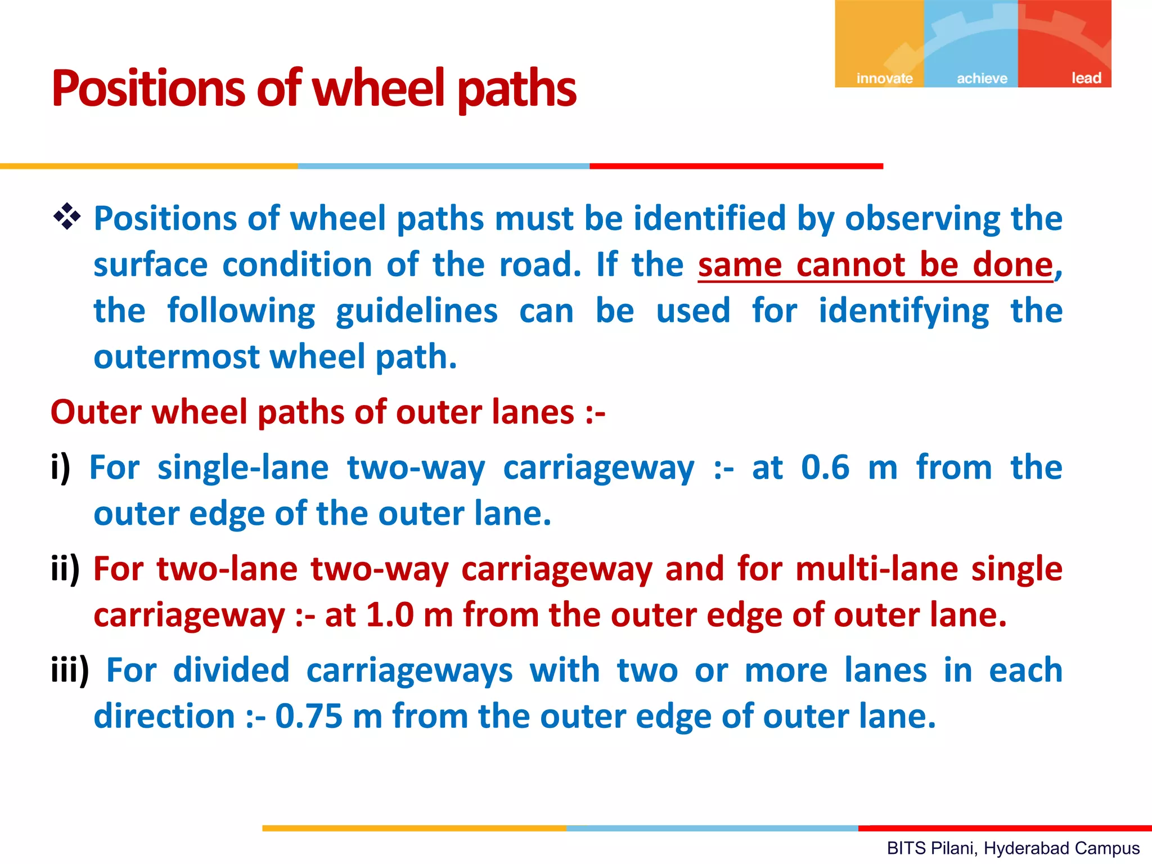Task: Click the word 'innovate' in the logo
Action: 884,78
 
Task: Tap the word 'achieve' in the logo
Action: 982,78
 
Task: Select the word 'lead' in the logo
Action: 1086,78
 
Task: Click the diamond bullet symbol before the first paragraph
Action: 67,217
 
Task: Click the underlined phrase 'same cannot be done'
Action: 875,265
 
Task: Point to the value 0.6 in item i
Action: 825,467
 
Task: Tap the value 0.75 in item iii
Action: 308,717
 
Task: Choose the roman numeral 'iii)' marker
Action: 70,670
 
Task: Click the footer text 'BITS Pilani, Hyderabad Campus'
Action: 1013,848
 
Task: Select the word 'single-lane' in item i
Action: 242,467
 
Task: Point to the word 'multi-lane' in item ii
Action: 876,569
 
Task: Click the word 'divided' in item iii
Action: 231,670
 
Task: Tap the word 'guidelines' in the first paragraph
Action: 416,311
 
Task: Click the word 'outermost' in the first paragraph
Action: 177,357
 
